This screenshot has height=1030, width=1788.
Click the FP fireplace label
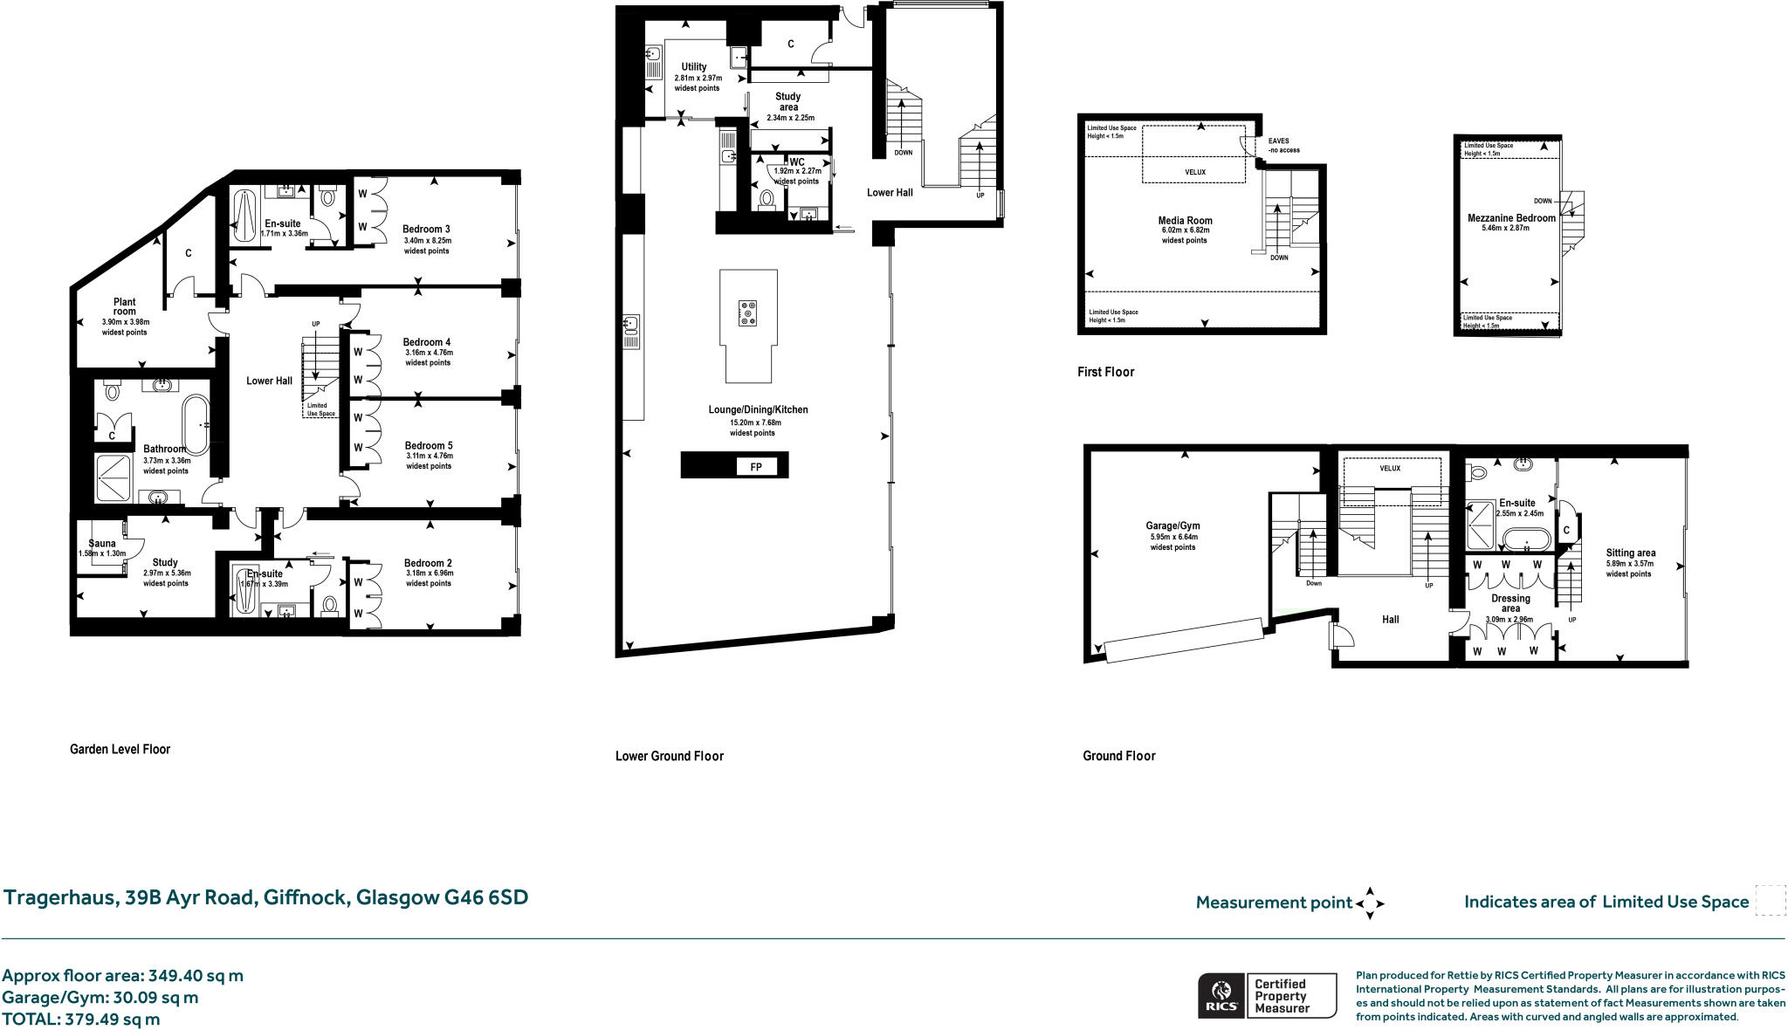point(755,467)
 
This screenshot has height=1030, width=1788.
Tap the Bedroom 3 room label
point(426,230)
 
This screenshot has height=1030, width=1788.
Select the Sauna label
point(102,543)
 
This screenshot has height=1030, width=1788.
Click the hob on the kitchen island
point(747,312)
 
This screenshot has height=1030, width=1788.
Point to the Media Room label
point(1185,221)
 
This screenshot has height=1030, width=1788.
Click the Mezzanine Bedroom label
point(1511,218)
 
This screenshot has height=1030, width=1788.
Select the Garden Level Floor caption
point(120,749)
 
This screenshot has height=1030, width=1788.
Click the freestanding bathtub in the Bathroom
point(196,425)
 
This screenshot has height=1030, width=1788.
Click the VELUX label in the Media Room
point(1194,172)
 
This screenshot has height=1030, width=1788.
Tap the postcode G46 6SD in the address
point(486,897)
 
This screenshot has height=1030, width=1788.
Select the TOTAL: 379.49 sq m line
point(81,1019)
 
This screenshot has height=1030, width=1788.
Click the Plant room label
point(125,306)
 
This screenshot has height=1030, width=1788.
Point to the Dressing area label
point(1510,603)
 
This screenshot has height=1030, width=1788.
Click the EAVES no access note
point(1283,145)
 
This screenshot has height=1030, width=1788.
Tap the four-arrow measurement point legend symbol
point(1369,903)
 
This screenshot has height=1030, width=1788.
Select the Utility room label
point(694,66)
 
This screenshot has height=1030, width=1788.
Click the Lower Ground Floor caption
point(669,756)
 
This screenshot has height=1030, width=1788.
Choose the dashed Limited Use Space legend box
point(1770,901)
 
